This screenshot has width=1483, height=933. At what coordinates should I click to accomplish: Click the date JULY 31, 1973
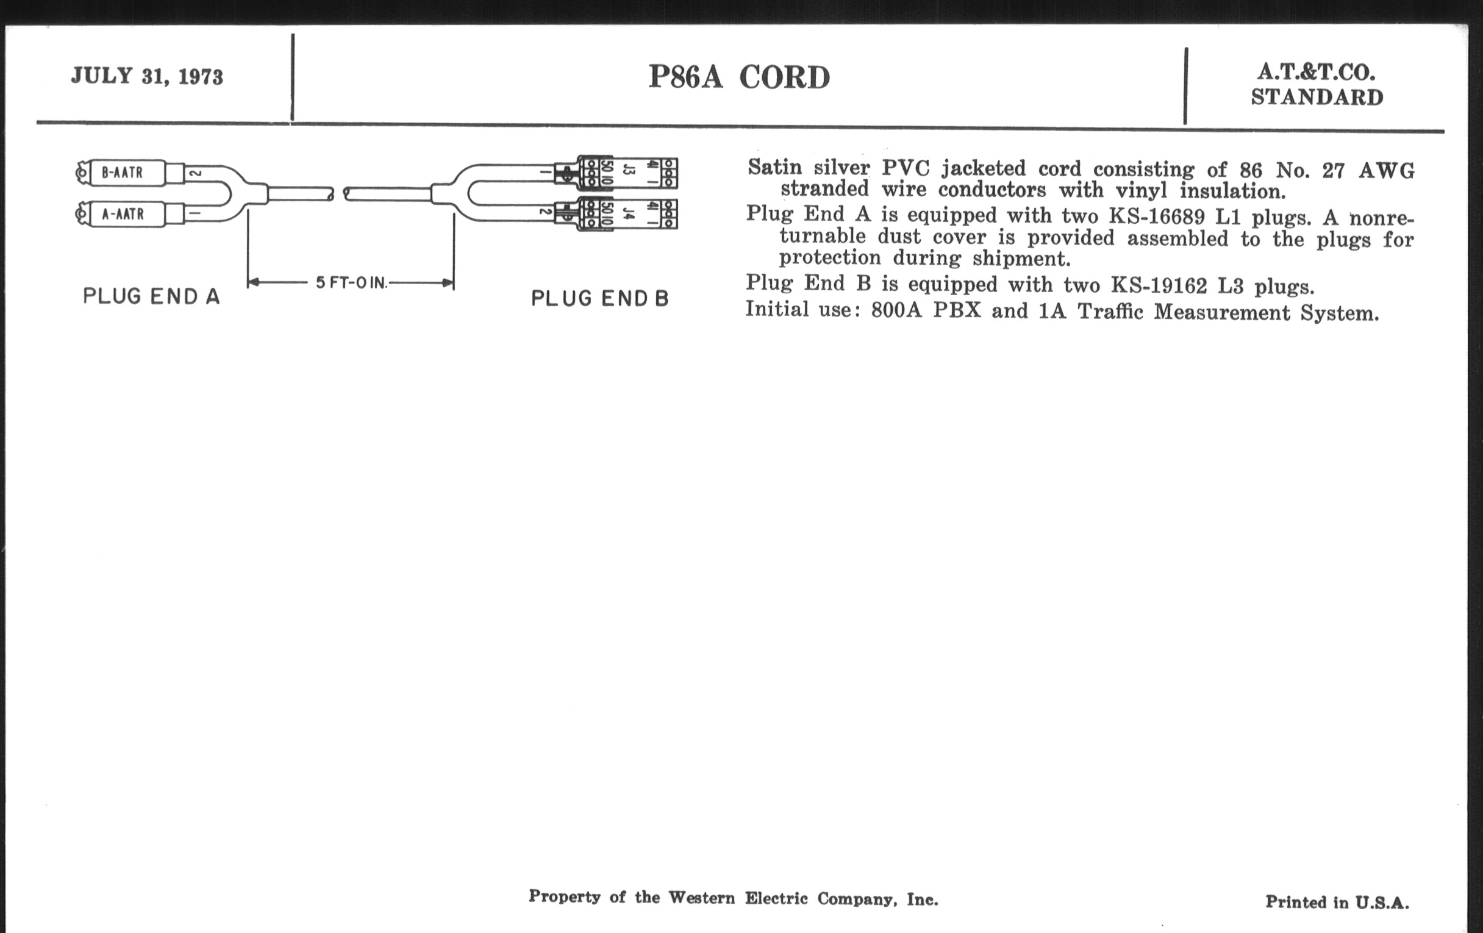click(x=146, y=76)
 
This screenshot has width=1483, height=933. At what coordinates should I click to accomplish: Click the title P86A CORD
click(x=739, y=77)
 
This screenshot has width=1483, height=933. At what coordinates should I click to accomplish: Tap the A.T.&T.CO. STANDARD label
click(x=1317, y=84)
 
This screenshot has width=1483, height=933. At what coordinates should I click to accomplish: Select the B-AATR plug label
click(x=122, y=173)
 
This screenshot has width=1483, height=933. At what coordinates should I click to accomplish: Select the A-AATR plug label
click(x=123, y=214)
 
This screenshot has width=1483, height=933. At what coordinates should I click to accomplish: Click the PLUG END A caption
click(x=151, y=296)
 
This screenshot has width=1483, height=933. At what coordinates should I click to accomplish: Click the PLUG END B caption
click(x=600, y=299)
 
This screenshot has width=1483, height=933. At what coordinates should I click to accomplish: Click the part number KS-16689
click(x=1157, y=216)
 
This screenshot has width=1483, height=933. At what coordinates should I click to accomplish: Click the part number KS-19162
click(x=1159, y=286)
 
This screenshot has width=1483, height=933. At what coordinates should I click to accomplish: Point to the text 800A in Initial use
click(x=896, y=310)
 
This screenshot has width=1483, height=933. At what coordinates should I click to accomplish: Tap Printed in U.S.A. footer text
click(x=1337, y=903)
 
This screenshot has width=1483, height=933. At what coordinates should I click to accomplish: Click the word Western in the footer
click(x=701, y=897)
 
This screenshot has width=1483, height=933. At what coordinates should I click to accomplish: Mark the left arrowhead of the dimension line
click(x=252, y=283)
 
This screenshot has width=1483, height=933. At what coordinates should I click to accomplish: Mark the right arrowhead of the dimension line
click(x=448, y=284)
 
